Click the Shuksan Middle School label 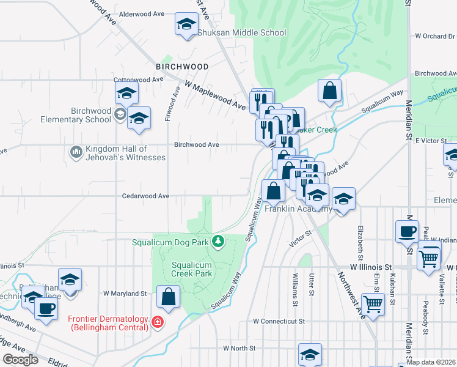(x=241, y=32)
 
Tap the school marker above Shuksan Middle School (x=186, y=24)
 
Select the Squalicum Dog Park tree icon (x=218, y=242)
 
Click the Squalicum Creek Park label (x=191, y=269)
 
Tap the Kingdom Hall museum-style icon (x=76, y=151)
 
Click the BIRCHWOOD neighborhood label (x=182, y=66)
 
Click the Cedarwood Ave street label (x=146, y=196)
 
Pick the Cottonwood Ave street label (x=139, y=79)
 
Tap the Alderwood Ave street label (x=143, y=13)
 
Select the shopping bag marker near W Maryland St (x=169, y=297)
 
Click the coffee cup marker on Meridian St (x=407, y=231)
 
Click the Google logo (x=20, y=360)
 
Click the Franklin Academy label (x=298, y=209)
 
